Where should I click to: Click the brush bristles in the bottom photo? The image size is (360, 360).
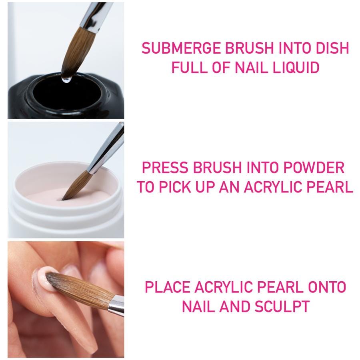pyautogui.click(x=80, y=290)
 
